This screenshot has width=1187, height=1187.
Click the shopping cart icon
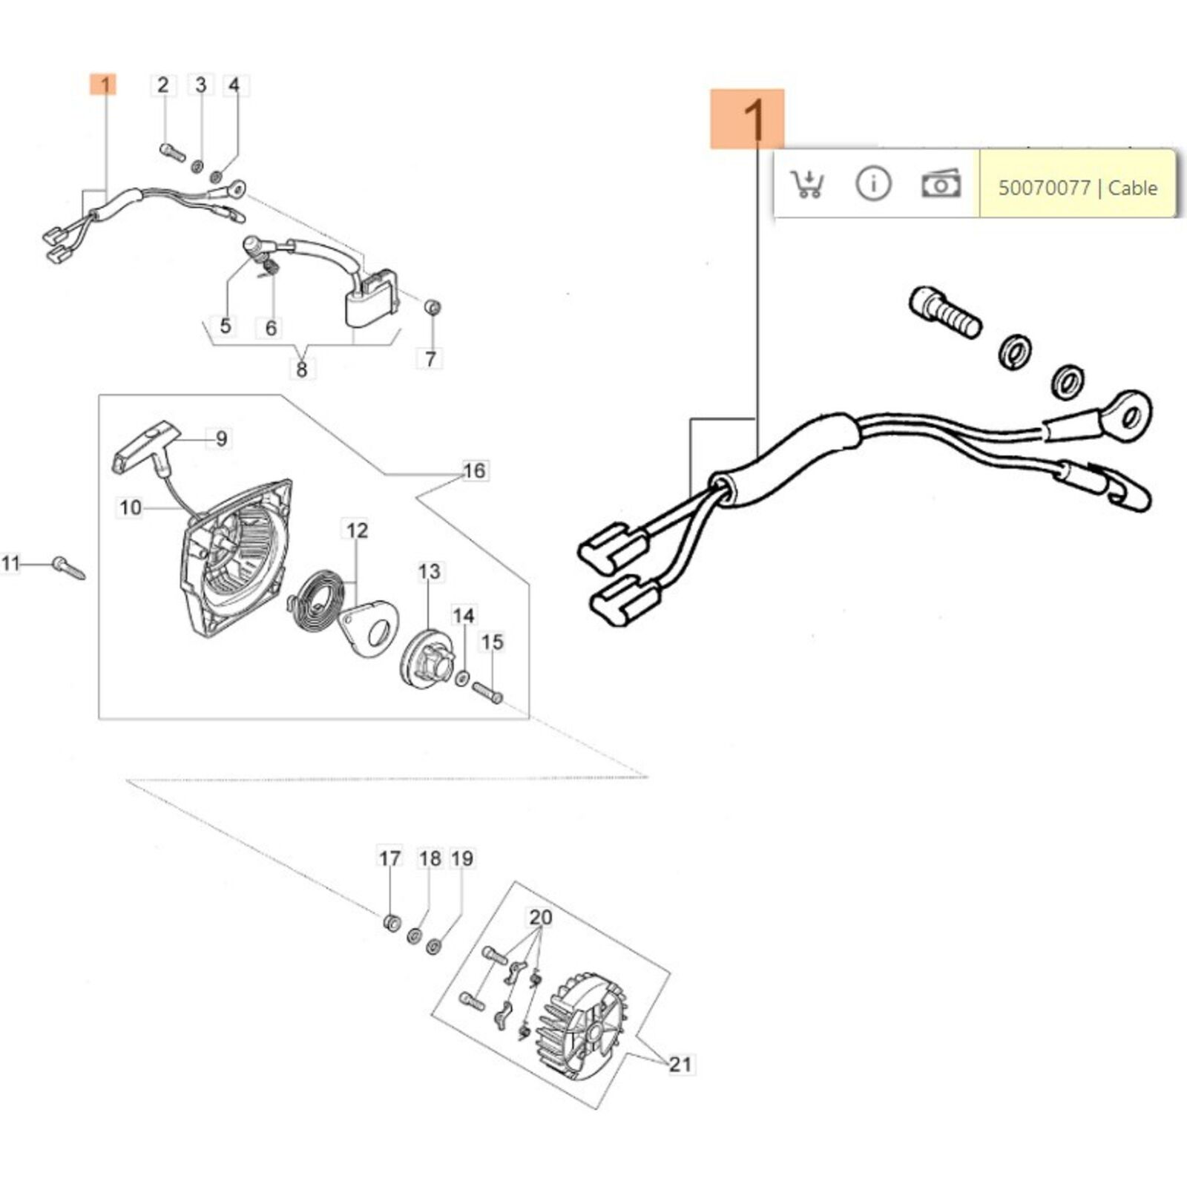[806, 183]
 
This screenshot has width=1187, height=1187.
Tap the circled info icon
[873, 183]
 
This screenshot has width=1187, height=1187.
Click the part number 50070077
[1044, 188]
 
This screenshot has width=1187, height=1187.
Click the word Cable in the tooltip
[1132, 188]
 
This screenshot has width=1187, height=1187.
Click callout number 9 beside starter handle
[221, 438]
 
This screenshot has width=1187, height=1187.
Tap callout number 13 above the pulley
[429, 571]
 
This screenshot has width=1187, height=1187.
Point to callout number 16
[474, 470]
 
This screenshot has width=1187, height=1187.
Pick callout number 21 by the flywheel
[680, 1065]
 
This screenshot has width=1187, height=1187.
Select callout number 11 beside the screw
[10, 563]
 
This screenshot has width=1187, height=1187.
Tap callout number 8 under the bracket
[301, 369]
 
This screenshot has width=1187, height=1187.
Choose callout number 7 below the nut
[430, 359]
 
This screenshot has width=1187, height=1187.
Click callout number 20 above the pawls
[540, 918]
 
